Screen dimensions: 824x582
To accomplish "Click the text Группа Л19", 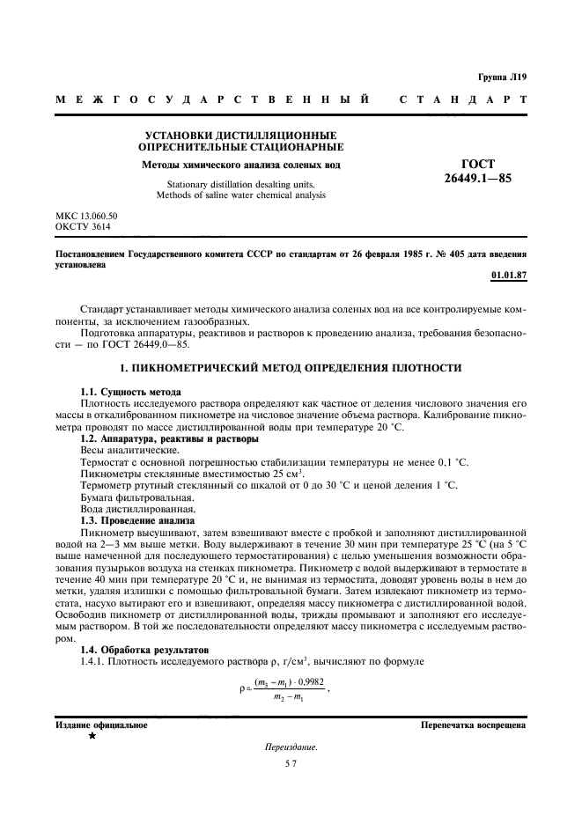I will pyautogui.click(x=503, y=77).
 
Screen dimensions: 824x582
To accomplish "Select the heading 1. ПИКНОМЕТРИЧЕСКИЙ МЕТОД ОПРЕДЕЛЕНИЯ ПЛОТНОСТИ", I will pyautogui.click(x=291, y=366).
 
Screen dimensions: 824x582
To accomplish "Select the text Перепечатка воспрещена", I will pyautogui.click(x=473, y=725).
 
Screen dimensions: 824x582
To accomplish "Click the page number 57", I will pyautogui.click(x=291, y=766).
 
